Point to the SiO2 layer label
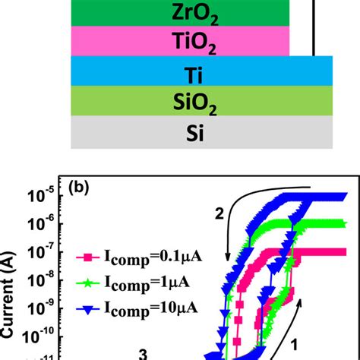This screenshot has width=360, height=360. (x=181, y=102)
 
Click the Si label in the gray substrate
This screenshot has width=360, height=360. (x=181, y=133)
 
